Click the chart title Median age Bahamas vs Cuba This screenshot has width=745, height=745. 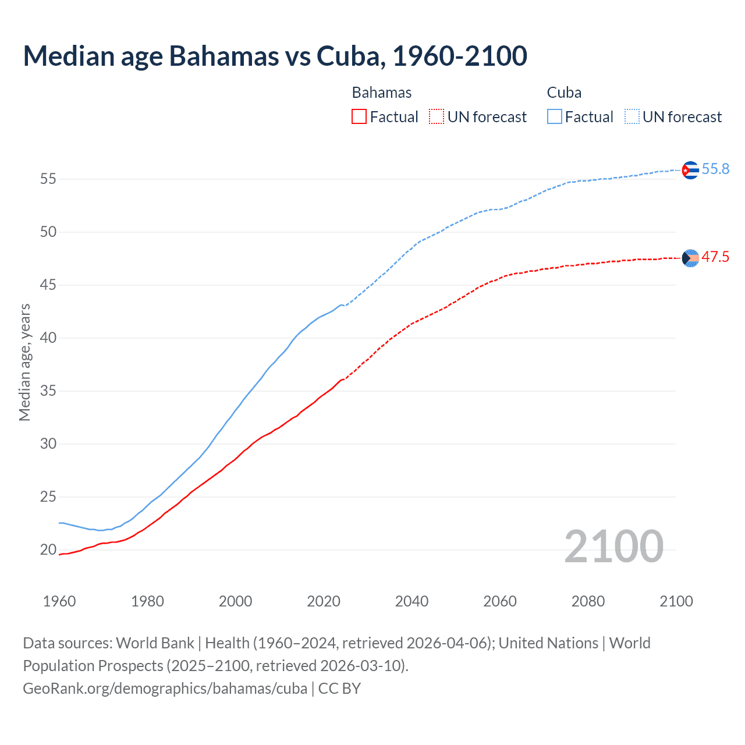[275, 56]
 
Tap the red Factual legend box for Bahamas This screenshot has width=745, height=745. [359, 116]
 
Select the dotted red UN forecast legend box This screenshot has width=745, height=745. [437, 116]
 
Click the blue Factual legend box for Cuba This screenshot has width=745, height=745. [555, 116]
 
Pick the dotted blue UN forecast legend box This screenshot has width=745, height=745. [632, 116]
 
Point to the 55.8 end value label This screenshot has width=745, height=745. [715, 169]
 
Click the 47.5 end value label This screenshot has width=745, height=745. [715, 257]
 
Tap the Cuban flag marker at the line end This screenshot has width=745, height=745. [690, 170]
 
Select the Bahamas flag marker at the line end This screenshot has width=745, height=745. [690, 258]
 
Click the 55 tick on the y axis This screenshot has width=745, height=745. [48, 179]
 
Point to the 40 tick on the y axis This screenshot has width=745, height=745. [48, 338]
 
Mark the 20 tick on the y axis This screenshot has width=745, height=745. [48, 549]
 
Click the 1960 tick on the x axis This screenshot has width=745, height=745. [59, 601]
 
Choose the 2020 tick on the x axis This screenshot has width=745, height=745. [324, 601]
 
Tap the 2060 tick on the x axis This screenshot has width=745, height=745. [500, 601]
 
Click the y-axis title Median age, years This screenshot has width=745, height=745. [24, 362]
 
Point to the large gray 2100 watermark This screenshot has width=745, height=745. [613, 546]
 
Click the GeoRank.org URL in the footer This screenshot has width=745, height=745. [165, 689]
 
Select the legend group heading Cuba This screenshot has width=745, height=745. [564, 93]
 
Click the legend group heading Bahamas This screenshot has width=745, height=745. [382, 93]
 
